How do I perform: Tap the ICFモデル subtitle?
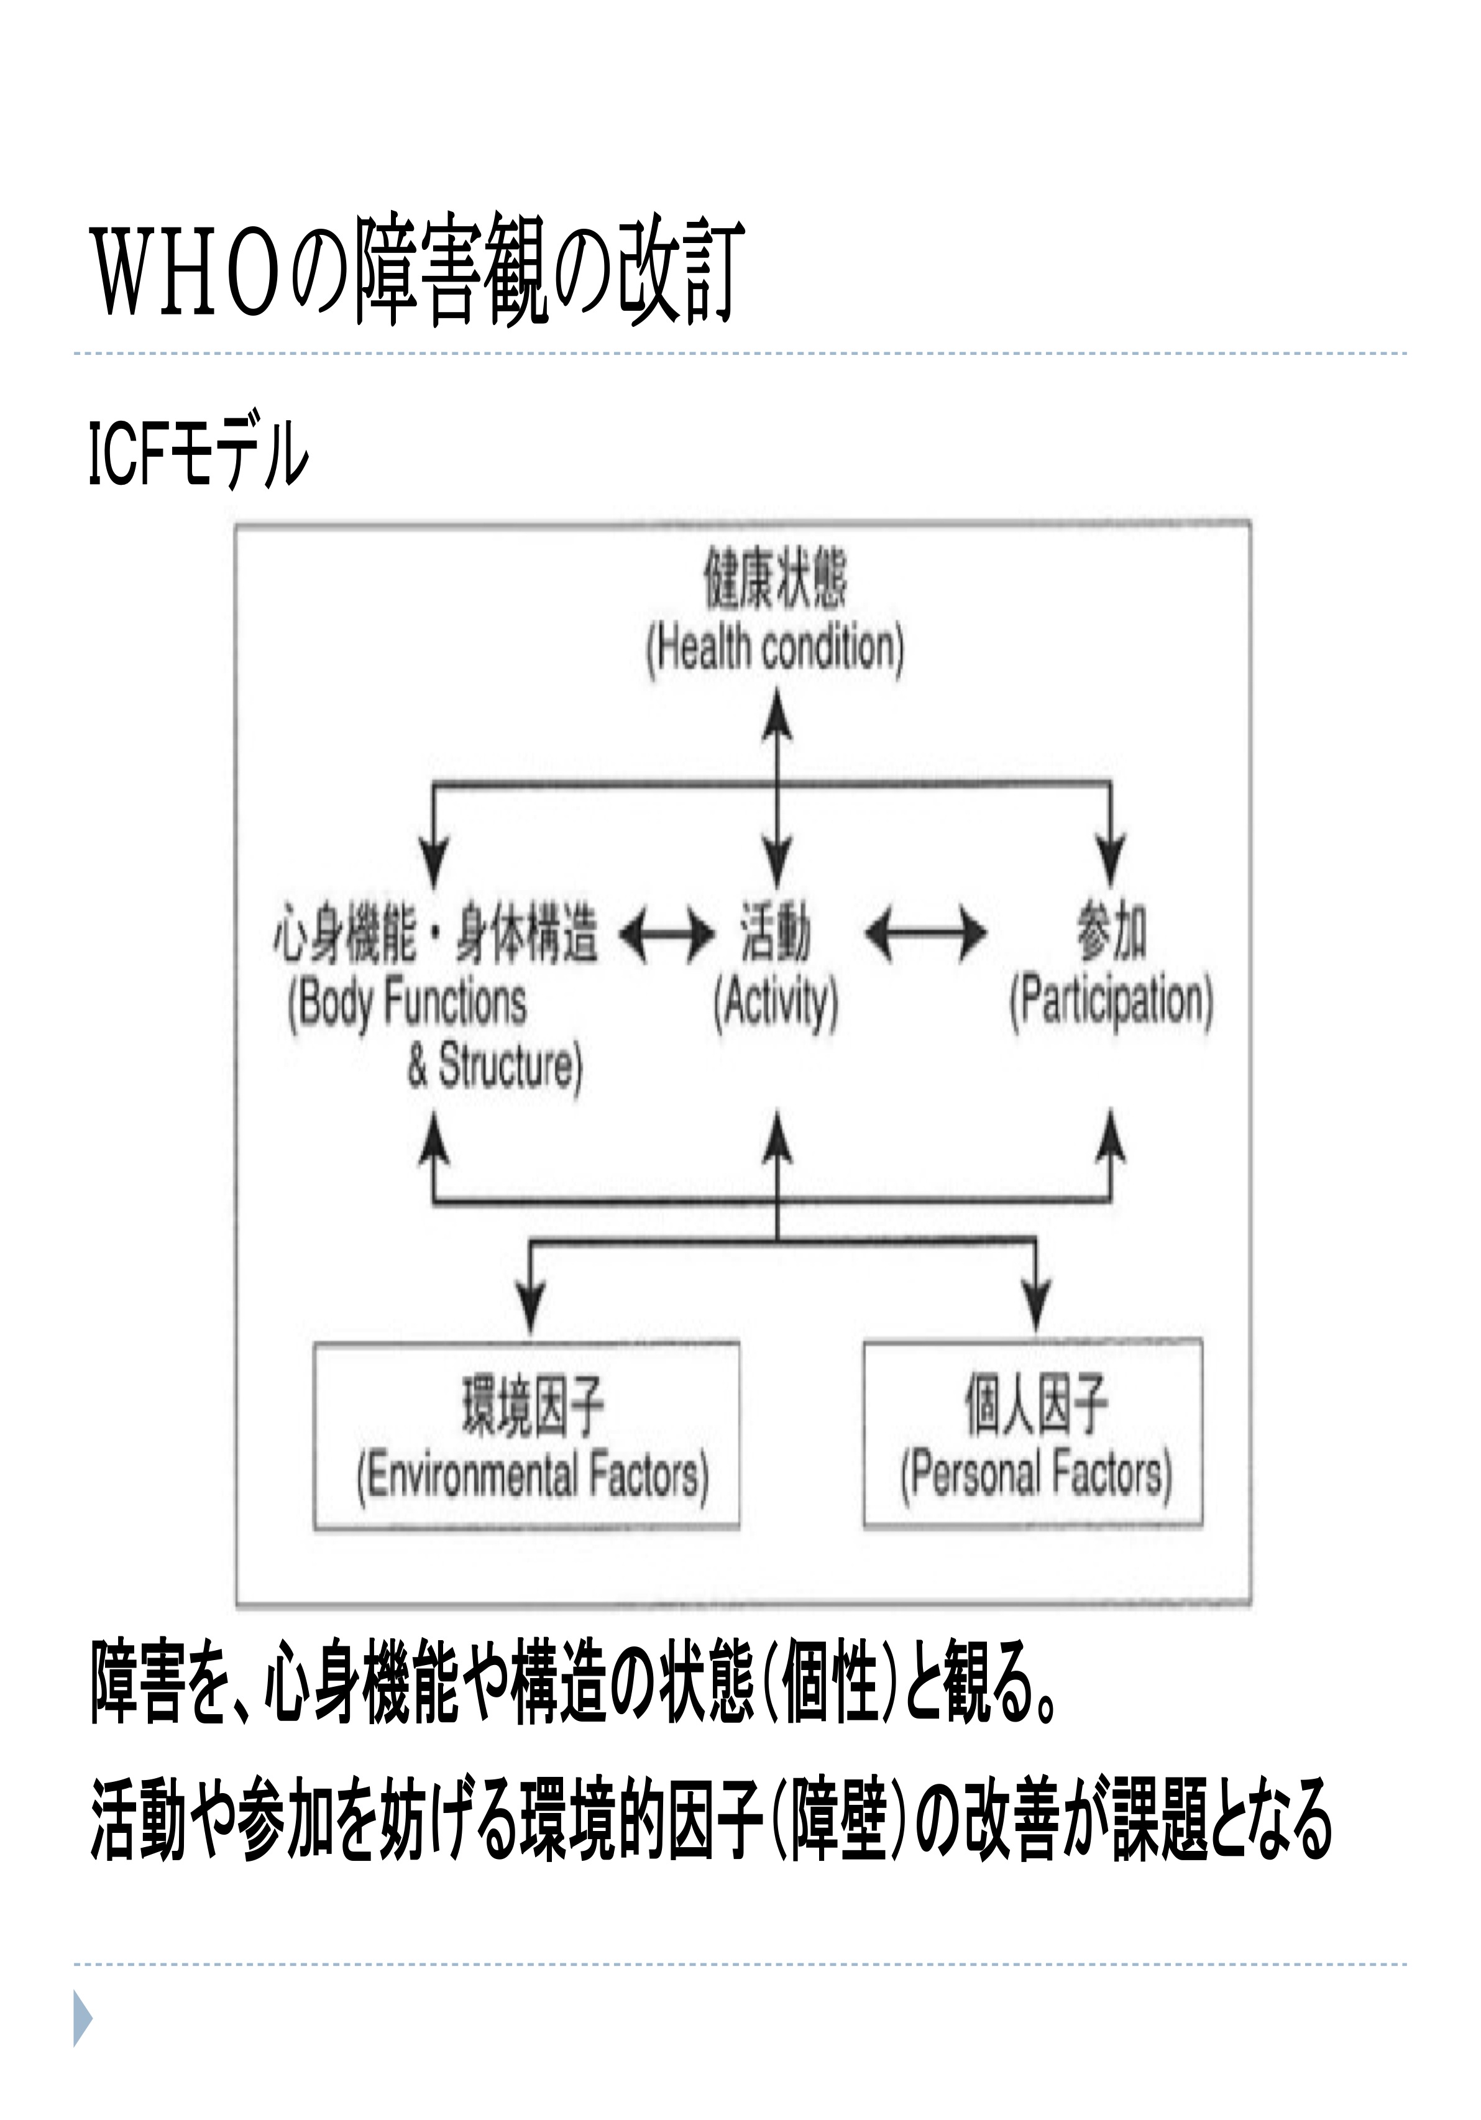tap(198, 453)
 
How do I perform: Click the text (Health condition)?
tap(774, 650)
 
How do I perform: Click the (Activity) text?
tap(776, 1004)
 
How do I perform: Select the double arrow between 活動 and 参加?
tap(926, 934)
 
